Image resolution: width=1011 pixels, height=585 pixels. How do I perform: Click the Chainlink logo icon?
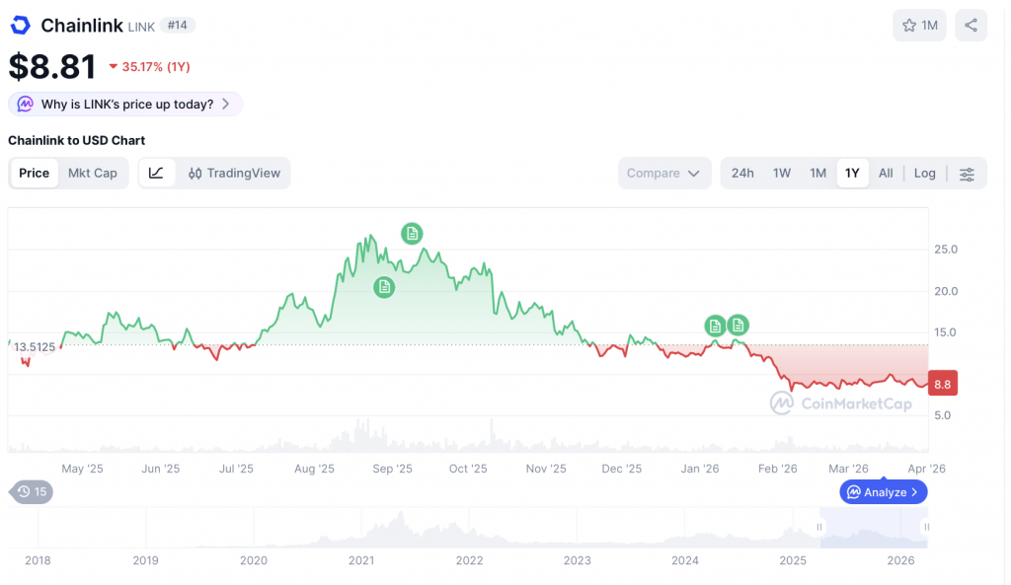pos(20,26)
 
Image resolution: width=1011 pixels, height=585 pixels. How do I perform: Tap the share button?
pos(972,26)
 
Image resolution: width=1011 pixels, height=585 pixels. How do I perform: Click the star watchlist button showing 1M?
pos(919,26)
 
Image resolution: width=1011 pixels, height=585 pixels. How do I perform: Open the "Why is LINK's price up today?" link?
pos(125,104)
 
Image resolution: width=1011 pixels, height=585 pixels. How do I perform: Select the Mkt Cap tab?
pos(92,173)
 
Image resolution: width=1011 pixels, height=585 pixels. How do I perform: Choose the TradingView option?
pos(234,173)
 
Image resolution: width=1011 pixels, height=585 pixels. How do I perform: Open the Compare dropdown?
pos(664,173)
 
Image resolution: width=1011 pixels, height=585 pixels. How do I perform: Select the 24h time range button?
pos(742,173)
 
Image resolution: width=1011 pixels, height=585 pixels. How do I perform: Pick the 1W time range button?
pos(782,173)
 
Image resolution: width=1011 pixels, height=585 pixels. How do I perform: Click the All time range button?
pos(886,173)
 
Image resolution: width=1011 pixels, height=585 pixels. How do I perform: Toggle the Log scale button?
pos(924,173)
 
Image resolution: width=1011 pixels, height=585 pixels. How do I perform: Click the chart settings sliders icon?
pos(967,174)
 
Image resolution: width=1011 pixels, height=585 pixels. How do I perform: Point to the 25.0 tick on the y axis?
pos(946,250)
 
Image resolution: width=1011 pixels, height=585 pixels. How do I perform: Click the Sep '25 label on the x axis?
pos(391,469)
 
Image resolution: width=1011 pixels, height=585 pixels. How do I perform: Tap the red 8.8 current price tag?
pos(942,385)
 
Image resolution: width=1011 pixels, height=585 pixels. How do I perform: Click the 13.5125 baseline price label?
pos(35,346)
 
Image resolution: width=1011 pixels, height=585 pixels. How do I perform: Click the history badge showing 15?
pos(31,491)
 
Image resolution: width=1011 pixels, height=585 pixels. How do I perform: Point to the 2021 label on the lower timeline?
pos(361,560)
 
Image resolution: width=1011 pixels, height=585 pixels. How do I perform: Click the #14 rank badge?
pos(179,26)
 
